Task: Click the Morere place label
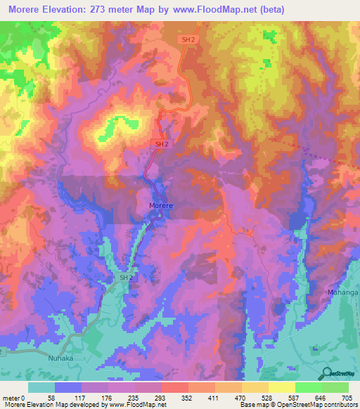point(161,205)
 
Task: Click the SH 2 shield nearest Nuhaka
point(125,278)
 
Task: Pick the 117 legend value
point(82,397)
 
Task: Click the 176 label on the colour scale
point(124,397)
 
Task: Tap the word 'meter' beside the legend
point(10,397)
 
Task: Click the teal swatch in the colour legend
point(41,387)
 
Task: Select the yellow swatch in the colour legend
point(281,387)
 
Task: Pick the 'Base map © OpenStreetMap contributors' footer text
point(299,405)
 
